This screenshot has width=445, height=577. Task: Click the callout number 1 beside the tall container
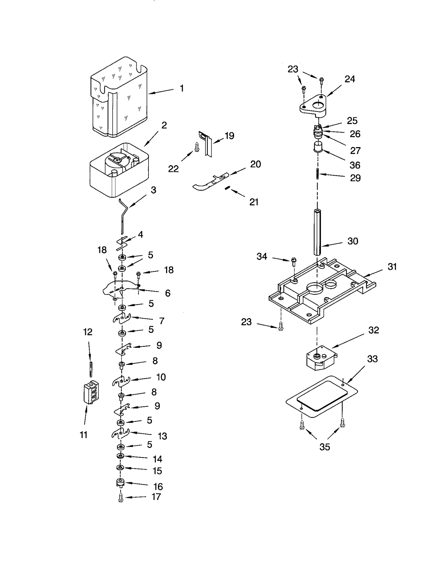[182, 88]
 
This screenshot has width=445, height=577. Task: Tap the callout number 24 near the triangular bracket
[350, 79]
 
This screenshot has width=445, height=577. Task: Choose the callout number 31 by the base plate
[392, 267]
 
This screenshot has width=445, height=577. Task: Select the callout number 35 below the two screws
[325, 447]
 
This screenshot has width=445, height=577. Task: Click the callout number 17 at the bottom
[156, 497]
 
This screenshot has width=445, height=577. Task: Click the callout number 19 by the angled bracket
[229, 136]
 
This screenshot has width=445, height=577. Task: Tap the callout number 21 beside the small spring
[254, 202]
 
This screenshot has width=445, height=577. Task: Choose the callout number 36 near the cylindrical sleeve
[355, 165]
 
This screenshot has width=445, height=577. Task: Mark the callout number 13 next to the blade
[162, 436]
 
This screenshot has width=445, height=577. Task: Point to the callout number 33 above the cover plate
[372, 359]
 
